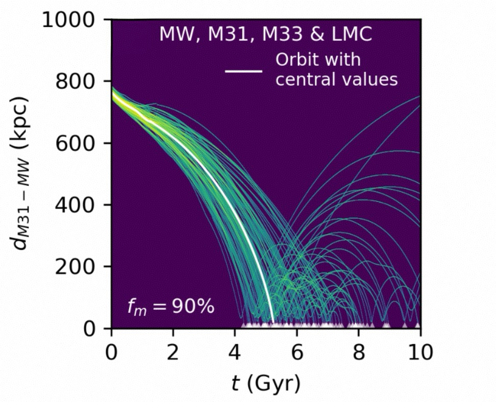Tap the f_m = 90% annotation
click(170, 307)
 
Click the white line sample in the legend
click(244, 71)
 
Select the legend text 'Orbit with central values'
click(336, 70)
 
